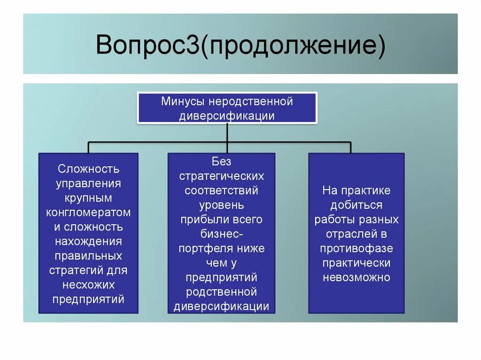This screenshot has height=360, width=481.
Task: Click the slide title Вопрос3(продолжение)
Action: point(240,46)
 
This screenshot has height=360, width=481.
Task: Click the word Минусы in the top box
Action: point(183,101)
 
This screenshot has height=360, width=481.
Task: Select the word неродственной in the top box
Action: point(251,101)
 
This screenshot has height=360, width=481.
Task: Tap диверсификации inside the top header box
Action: point(227,116)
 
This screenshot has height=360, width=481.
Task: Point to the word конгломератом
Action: point(88,213)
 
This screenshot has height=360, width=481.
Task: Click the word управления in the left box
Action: point(88,183)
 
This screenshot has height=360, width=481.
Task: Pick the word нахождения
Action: point(88,242)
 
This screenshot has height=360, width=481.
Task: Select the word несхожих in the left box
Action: point(88,285)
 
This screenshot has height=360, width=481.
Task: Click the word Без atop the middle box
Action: point(221,161)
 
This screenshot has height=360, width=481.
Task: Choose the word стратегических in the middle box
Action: point(221,176)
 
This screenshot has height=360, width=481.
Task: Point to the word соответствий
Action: point(221,191)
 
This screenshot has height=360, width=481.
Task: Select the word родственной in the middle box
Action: point(221,292)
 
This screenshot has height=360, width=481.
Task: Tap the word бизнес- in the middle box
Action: point(221,234)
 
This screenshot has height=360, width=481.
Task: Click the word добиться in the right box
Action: point(356,205)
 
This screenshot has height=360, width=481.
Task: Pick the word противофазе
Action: point(356,248)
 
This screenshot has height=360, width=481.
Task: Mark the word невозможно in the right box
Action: point(356,277)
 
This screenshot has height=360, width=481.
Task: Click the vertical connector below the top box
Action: point(227,132)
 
